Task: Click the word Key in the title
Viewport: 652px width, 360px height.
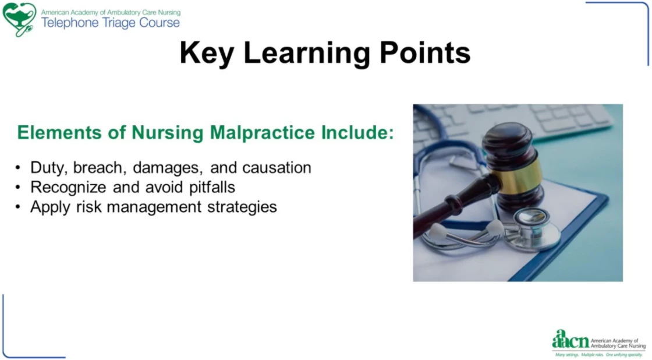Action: pyautogui.click(x=207, y=53)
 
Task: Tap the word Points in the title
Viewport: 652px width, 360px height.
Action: pyautogui.click(x=425, y=52)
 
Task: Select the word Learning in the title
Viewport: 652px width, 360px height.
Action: pyautogui.click(x=306, y=54)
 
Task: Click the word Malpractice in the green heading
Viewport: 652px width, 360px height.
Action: pyautogui.click(x=263, y=133)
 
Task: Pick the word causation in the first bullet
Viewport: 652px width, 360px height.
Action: pyautogui.click(x=277, y=168)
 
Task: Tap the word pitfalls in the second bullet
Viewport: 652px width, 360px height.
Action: pyautogui.click(x=212, y=188)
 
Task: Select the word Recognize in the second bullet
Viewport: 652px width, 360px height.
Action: pyautogui.click(x=68, y=188)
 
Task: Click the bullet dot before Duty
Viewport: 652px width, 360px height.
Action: pyautogui.click(x=17, y=168)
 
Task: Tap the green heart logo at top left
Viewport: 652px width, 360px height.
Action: pyautogui.click(x=19, y=19)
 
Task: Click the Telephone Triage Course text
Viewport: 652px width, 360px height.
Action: pyautogui.click(x=111, y=23)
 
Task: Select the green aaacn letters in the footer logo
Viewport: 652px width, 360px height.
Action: pyautogui.click(x=570, y=340)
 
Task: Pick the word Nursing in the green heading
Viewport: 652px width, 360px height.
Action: pyautogui.click(x=168, y=133)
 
